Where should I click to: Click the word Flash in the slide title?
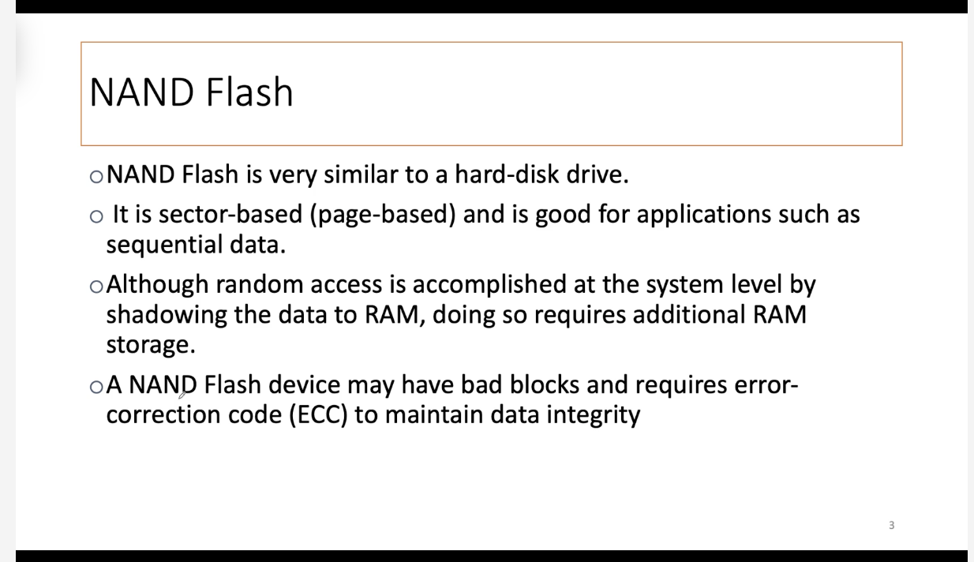click(249, 92)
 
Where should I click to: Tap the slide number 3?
click(891, 526)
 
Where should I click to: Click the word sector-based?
click(230, 215)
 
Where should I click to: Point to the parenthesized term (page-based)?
click(383, 215)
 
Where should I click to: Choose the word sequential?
click(164, 245)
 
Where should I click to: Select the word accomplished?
click(489, 285)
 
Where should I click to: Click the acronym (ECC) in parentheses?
click(319, 415)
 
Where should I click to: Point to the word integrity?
click(593, 415)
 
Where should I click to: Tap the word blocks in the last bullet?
click(545, 384)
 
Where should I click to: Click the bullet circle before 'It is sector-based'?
click(96, 216)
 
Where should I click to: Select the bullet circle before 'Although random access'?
click(96, 287)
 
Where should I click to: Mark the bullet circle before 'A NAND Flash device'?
click(96, 387)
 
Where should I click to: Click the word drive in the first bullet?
click(598, 174)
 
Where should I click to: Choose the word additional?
click(689, 314)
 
